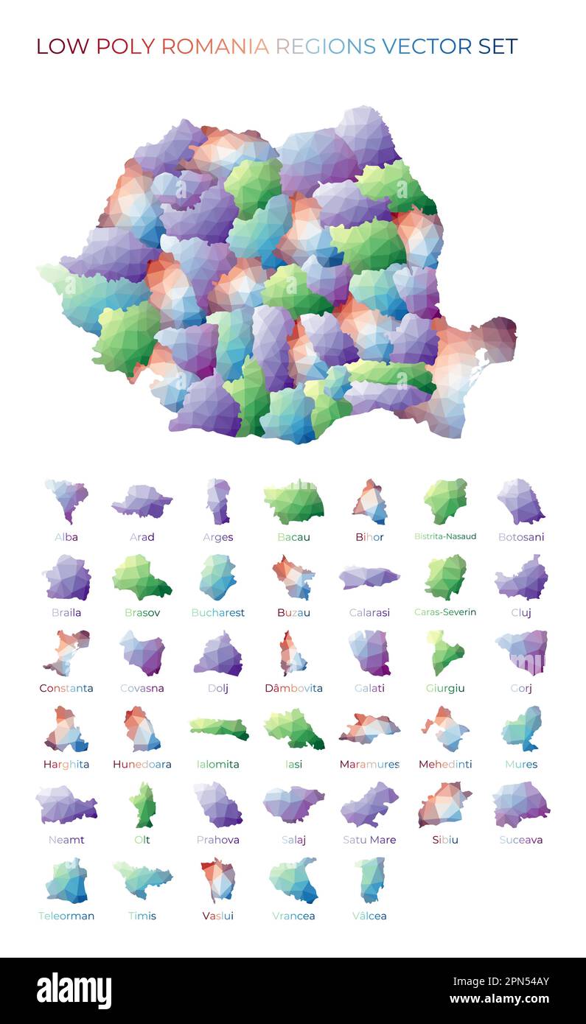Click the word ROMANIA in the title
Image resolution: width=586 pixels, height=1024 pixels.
tap(214, 46)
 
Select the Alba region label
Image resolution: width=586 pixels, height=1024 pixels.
tap(66, 537)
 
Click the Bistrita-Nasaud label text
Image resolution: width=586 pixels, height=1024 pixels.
tap(445, 536)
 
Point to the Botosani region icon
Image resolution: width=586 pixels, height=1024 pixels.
tap(520, 502)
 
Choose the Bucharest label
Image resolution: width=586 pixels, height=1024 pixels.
tap(217, 612)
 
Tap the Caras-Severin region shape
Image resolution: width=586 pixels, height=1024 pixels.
tap(445, 578)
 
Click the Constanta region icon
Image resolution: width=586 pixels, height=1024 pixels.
tap(66, 653)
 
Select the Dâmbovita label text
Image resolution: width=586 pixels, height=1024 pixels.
tap(293, 688)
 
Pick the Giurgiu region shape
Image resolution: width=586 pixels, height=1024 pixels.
tap(444, 653)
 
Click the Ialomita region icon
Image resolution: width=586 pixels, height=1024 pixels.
tap(219, 729)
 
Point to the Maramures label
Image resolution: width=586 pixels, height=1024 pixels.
tap(369, 764)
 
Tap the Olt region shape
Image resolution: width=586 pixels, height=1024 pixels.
tap(142, 804)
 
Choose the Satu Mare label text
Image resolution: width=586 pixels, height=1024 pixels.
tap(369, 840)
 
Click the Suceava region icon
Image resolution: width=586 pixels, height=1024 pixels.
tap(520, 804)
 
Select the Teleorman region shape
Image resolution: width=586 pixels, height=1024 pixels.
tap(66, 880)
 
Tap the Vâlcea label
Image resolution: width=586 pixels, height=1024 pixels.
tap(369, 916)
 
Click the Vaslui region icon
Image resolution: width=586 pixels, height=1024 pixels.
tap(218, 880)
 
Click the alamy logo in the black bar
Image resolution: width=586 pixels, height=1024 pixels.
tap(74, 991)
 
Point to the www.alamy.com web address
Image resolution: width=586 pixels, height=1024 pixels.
tap(499, 1000)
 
